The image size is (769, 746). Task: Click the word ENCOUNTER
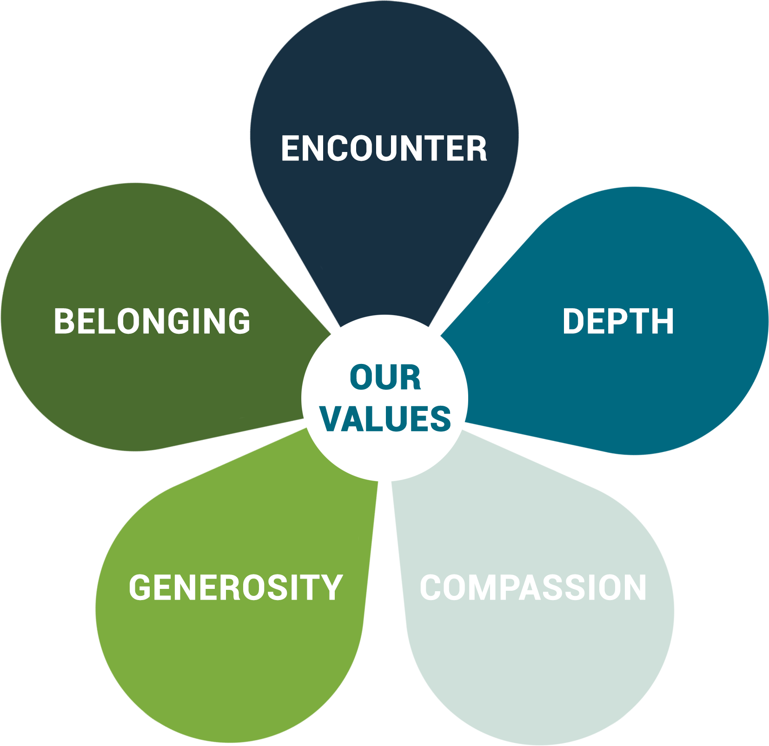pos(384,149)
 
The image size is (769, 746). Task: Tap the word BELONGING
pos(152,321)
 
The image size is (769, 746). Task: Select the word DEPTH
pos(618,321)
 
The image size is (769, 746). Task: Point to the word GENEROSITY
pos(235,588)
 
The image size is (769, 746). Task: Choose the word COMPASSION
pos(533,588)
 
